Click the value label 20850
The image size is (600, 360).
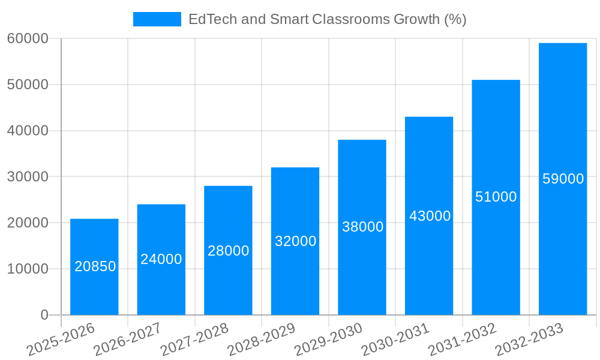pos(95,266)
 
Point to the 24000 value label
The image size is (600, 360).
pos(161,259)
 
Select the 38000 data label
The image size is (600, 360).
pos(362,227)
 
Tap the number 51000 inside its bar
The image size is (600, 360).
pos(496,197)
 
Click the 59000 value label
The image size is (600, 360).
pos(563,179)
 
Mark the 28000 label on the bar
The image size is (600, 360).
pos(229,251)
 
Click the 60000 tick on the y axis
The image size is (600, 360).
pos(28,38)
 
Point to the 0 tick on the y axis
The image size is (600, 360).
pos(44,315)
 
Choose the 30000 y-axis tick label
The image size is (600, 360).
pos(28,177)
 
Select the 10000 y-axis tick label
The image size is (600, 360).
pos(28,269)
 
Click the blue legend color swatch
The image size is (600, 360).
pos(157,19)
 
